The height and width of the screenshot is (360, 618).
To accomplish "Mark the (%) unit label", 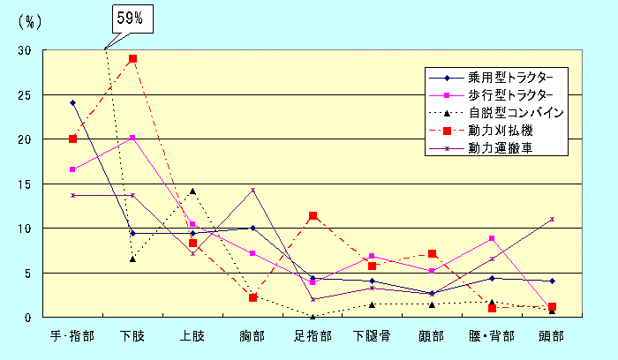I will point(30,22).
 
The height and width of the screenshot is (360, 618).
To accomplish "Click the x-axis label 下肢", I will point(132,337).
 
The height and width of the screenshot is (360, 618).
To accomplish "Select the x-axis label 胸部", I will point(252,337).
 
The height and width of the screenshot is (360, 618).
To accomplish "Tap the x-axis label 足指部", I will point(313,337).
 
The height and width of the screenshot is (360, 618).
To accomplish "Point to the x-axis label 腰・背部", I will point(492,337).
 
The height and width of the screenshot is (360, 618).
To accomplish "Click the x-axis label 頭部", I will point(552,337).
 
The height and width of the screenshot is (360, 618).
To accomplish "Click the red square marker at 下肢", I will point(132,59).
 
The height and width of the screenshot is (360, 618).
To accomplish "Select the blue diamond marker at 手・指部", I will point(72,102).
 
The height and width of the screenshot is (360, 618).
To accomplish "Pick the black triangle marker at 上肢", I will point(192,191).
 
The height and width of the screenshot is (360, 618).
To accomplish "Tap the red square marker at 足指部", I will point(313,215).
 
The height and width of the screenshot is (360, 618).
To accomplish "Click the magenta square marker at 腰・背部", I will point(492,238).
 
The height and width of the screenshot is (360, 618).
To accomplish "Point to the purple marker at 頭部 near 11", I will point(552,219).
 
